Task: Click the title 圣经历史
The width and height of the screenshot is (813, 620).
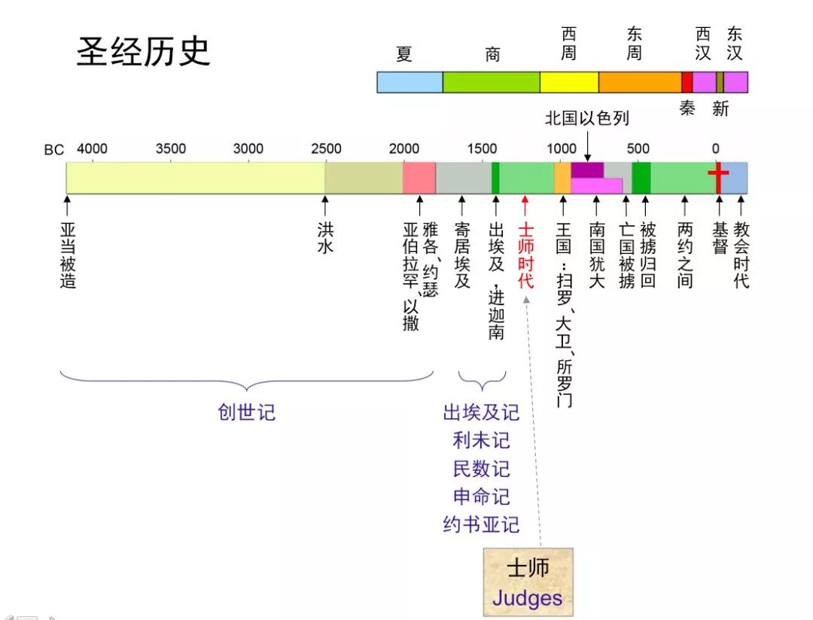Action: point(143,52)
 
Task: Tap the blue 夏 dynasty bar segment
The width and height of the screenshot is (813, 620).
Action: point(410,82)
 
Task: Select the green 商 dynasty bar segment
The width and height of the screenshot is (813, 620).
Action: point(491,82)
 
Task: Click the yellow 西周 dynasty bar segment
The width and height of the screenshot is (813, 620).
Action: point(569,82)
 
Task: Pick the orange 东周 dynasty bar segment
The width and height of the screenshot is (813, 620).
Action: point(640,82)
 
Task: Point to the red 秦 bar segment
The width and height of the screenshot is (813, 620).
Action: point(687,82)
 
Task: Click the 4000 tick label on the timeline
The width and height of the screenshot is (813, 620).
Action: point(92,148)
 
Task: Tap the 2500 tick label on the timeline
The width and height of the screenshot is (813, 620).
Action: point(326,148)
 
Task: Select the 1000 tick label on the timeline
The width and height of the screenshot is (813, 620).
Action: point(561,148)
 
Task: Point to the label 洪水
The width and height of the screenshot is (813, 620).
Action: point(325,237)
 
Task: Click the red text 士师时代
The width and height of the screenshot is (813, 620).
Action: point(525,255)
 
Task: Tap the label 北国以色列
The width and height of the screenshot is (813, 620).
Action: point(586,118)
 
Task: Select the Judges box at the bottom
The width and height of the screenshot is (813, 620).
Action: point(528,582)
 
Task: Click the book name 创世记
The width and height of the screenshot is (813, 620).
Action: point(247,412)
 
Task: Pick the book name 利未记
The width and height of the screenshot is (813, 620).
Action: point(481,441)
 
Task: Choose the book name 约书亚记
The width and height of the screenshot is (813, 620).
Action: point(481,524)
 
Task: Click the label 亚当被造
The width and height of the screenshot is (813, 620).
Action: point(68,255)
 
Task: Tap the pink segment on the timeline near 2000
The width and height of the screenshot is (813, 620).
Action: point(419,178)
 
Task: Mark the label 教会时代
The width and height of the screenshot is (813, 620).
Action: point(741,255)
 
